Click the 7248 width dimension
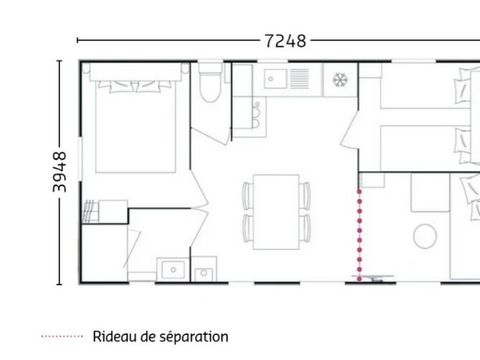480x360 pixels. pos(285,41)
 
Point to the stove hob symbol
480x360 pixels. pos(340,79)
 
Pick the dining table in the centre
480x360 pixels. pos(273,209)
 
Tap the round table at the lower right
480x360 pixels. pos(425,237)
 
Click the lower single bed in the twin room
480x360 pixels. pos(420,145)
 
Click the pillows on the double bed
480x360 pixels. pos(133,83)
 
